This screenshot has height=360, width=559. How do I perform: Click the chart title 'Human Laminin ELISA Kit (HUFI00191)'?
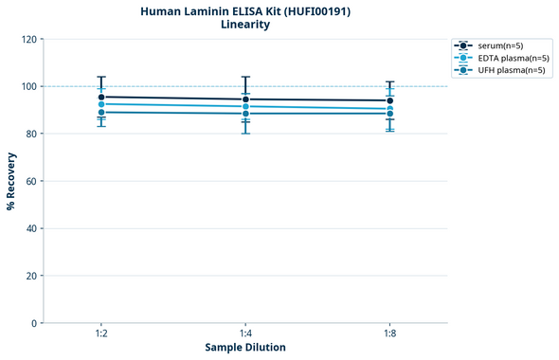[244, 10]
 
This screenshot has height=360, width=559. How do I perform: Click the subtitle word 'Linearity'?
[244, 25]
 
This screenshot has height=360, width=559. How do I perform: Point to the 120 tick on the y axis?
[28, 39]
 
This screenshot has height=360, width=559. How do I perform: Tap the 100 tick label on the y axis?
[28, 86]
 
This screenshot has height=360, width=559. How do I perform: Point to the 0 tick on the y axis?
[34, 323]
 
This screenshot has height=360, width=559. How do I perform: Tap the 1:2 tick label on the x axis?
[101, 334]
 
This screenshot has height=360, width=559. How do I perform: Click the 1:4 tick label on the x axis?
[245, 334]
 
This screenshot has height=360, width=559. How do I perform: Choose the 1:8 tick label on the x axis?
[389, 334]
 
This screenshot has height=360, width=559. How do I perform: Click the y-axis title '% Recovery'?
[11, 181]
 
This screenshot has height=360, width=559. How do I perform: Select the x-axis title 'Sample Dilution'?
[245, 348]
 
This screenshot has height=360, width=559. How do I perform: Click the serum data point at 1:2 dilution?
[101, 97]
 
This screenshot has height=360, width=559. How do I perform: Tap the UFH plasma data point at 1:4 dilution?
[245, 114]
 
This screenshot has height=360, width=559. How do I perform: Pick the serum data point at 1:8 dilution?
[389, 100]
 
